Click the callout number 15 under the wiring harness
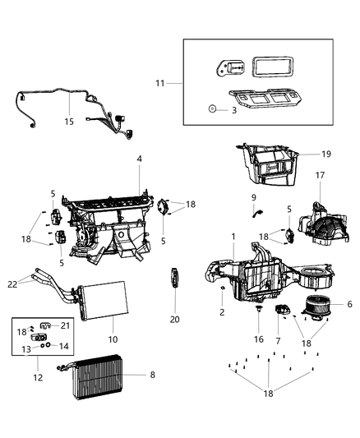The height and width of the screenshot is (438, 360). click(x=70, y=122)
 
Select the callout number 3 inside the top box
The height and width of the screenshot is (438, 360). click(x=233, y=108)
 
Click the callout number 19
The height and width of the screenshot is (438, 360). click(x=326, y=154)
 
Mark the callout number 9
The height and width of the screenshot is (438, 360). click(x=254, y=198)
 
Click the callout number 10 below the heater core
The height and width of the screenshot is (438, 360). click(x=113, y=339)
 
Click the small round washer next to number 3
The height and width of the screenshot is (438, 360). click(x=212, y=108)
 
